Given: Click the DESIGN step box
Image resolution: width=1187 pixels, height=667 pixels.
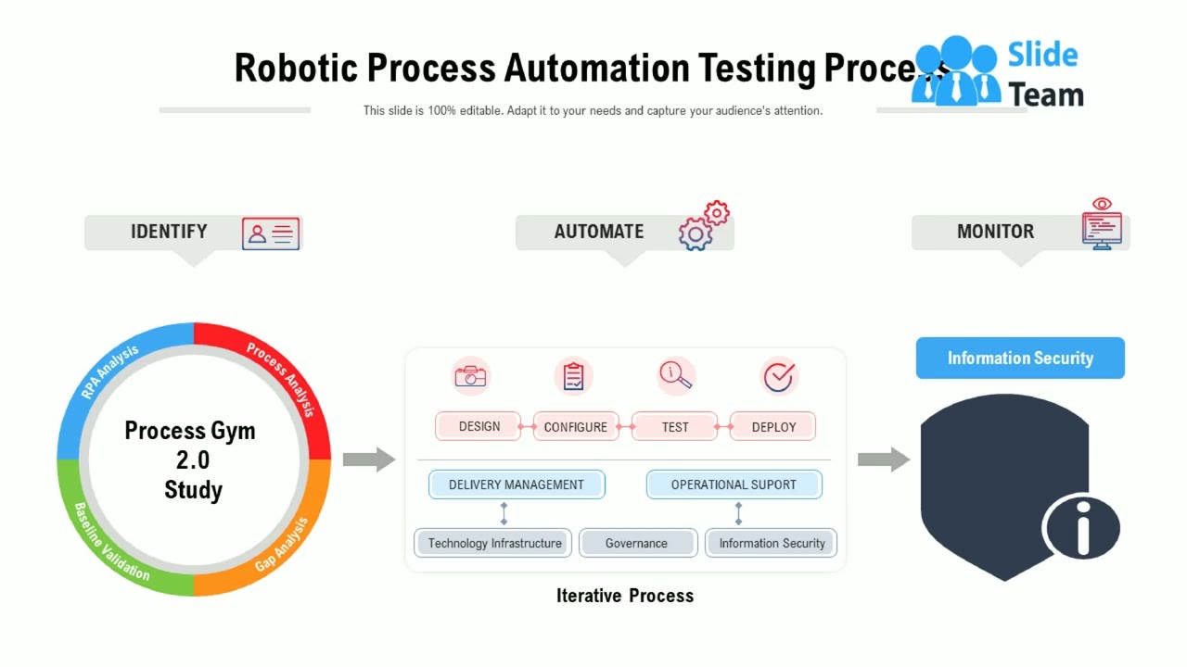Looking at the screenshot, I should (x=479, y=426).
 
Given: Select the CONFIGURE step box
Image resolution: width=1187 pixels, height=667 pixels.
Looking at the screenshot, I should (x=576, y=427).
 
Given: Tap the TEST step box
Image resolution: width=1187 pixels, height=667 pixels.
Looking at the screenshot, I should (x=675, y=427).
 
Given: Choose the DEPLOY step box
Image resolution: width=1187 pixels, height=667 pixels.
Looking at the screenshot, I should (x=773, y=427).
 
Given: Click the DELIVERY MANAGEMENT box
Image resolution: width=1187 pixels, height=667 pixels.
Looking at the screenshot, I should (x=517, y=485).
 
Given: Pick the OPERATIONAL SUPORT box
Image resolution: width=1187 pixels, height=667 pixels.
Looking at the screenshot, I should (x=734, y=485).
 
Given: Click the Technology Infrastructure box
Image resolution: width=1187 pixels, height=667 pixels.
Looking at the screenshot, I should (x=494, y=543).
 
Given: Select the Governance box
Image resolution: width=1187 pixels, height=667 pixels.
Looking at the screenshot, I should (x=637, y=543).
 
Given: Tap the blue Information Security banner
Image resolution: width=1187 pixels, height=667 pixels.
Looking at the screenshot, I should (x=1020, y=359).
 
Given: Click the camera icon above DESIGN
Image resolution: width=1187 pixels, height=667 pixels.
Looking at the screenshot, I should (x=471, y=376).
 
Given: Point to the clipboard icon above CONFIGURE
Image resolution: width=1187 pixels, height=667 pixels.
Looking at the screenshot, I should (x=574, y=376).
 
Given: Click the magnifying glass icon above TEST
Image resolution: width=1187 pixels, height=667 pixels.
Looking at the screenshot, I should (x=675, y=375).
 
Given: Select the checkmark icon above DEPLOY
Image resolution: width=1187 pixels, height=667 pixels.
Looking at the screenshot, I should (x=779, y=376).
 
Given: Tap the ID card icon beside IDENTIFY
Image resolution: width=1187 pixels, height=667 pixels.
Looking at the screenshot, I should (x=271, y=234).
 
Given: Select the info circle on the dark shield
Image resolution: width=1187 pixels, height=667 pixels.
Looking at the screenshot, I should (x=1082, y=527).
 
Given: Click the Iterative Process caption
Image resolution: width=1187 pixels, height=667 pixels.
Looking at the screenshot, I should (x=625, y=596).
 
